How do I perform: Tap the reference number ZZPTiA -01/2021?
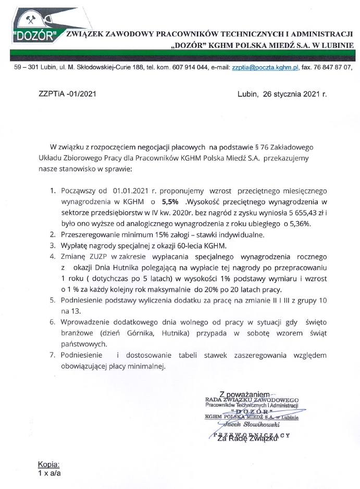(x=67, y=94)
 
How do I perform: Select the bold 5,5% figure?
(x=169, y=201)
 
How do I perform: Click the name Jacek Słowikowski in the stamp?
(x=252, y=424)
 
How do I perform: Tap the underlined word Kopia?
(x=49, y=464)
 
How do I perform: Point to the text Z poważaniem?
(x=244, y=394)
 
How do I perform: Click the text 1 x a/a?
(x=49, y=473)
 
